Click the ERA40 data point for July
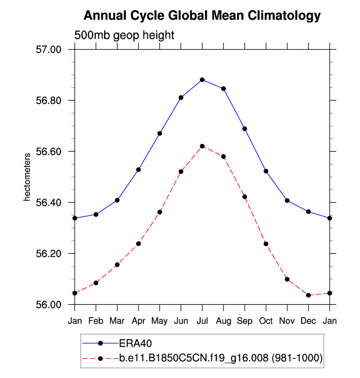pyautogui.click(x=202, y=80)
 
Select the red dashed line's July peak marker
pyautogui.click(x=202, y=146)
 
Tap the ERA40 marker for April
pyautogui.click(x=138, y=169)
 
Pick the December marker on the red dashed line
pyautogui.click(x=308, y=295)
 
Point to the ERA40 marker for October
pyautogui.click(x=266, y=171)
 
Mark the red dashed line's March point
pyautogui.click(x=117, y=265)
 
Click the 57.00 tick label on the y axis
pyautogui.click(x=48, y=50)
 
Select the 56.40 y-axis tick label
pyautogui.click(x=48, y=203)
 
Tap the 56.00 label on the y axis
pyautogui.click(x=48, y=305)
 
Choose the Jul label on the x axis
pyautogui.click(x=202, y=321)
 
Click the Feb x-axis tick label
pyautogui.click(x=96, y=321)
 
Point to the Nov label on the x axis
pyautogui.click(x=287, y=321)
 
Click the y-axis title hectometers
pyautogui.click(x=28, y=177)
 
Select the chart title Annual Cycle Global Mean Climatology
pyautogui.click(x=202, y=16)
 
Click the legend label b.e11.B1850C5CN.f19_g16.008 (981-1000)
pyautogui.click(x=221, y=359)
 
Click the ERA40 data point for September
pyautogui.click(x=245, y=129)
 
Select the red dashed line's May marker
pyautogui.click(x=160, y=212)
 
